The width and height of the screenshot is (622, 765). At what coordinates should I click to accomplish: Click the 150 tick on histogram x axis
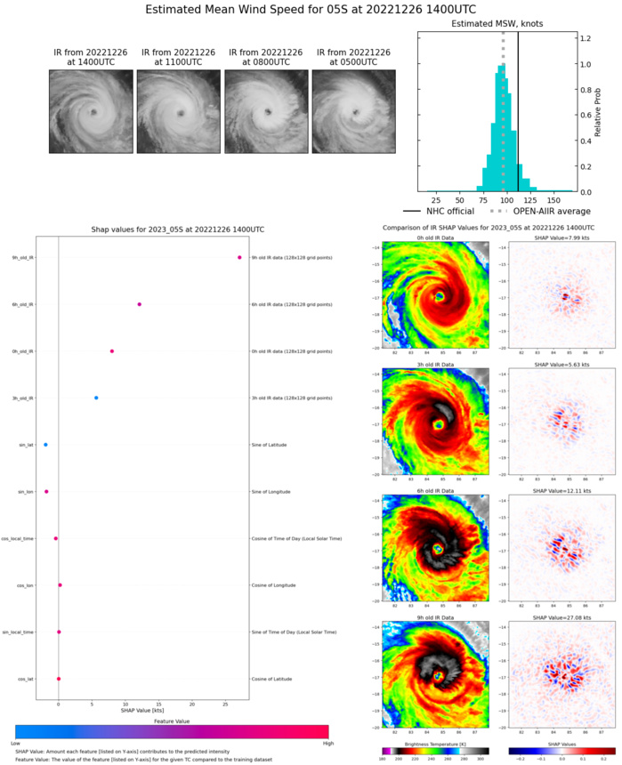tap(555, 201)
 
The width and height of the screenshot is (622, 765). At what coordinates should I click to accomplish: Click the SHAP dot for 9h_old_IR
tap(239, 257)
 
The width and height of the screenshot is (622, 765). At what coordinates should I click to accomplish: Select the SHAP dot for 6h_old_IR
tap(140, 304)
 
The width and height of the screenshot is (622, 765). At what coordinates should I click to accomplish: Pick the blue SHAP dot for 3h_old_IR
tap(96, 398)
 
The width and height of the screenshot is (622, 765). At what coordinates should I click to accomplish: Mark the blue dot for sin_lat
tap(45, 444)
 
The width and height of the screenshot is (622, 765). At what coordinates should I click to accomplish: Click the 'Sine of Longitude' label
tap(279, 491)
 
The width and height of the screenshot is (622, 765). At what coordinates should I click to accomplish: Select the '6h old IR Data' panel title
tap(431, 490)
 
